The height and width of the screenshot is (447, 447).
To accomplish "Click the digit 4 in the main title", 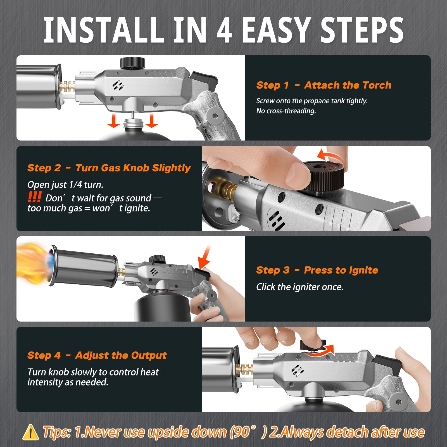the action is pos(224,30).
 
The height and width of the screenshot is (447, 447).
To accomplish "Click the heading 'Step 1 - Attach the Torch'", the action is pos(324,85).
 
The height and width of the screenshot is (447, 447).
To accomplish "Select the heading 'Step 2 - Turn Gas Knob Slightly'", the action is pos(109,168).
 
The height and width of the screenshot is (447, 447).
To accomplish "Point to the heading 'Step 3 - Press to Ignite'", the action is pos(317,270).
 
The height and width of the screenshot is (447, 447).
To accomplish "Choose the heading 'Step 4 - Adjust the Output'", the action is pos(97,355).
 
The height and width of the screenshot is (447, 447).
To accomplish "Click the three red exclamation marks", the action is pos(35,197).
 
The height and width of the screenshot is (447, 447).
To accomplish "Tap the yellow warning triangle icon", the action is pos(30,432).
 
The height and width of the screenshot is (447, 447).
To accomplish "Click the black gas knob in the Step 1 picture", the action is pos(132,63).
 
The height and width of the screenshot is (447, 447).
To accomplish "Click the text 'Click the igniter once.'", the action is pos(300,287).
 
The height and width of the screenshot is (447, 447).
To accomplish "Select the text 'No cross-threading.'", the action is pos(286,111).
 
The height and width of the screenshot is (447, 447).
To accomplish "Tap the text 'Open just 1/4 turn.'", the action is pos(65,185).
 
